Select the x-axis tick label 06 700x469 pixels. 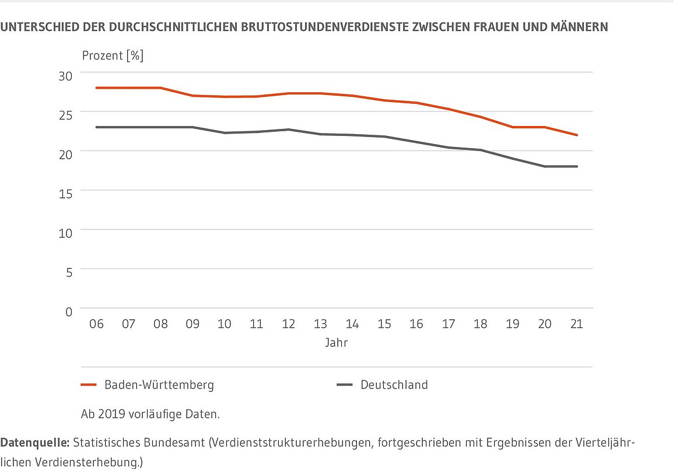[96, 324]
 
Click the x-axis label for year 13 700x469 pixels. [320, 324]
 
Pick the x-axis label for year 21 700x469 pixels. [576, 324]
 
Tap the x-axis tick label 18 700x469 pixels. [481, 324]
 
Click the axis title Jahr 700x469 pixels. [337, 343]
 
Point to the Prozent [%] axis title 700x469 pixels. [113, 56]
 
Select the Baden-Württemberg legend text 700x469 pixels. [159, 385]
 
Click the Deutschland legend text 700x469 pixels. [394, 385]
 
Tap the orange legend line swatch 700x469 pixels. [89, 385]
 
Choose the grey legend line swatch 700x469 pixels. [345, 385]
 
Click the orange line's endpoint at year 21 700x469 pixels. [577, 135]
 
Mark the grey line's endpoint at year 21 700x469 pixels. [577, 166]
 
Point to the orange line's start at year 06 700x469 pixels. [97, 87]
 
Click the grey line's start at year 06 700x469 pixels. [97, 127]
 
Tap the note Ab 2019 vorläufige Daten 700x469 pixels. [150, 415]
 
